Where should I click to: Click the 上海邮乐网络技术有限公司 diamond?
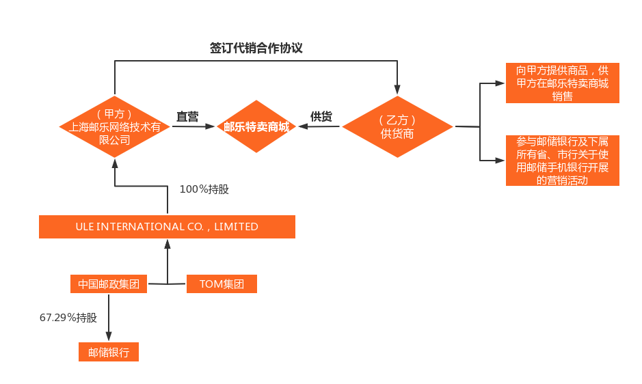114,127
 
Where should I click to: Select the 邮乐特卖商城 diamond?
256,127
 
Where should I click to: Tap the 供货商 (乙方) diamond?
397,127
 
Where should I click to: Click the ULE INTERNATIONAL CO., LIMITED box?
167,227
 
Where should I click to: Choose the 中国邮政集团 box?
109,284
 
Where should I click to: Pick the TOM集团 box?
222,284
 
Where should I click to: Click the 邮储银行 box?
109,352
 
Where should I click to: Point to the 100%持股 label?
204,189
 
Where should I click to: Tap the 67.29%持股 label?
68,318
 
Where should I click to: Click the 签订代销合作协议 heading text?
256,49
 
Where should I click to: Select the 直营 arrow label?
187,117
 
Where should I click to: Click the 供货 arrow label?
321,117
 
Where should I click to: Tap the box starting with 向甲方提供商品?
562,83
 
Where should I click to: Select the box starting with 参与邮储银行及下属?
562,161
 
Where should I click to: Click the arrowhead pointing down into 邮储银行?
109,336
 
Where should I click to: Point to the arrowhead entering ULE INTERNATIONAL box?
167,244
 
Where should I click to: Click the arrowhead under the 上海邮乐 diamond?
114,165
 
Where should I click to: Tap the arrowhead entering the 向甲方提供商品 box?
500,84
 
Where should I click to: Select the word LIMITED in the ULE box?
236,227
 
